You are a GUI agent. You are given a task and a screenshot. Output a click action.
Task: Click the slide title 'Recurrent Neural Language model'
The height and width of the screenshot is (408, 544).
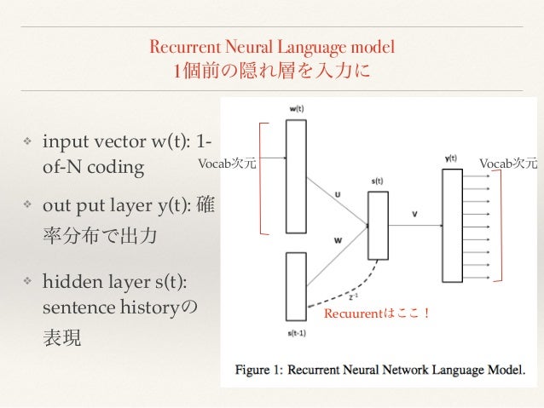[x=272, y=46]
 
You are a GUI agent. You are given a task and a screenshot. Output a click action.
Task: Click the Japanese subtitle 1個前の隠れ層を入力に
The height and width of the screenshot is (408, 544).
[x=272, y=69]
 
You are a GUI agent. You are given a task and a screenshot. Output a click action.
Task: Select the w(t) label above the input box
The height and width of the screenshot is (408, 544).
[x=295, y=109]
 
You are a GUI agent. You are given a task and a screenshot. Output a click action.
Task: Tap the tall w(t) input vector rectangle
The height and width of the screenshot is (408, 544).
[x=295, y=175]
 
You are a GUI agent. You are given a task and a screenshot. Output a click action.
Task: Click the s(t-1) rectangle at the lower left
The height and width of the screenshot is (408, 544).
[x=295, y=283]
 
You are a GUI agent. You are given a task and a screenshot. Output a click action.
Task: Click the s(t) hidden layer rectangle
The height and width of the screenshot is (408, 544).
[x=377, y=225]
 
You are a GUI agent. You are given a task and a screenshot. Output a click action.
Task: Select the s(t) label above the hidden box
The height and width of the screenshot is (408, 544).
[x=377, y=181]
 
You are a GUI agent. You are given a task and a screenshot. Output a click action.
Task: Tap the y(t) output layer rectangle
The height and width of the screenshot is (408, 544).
[x=451, y=225]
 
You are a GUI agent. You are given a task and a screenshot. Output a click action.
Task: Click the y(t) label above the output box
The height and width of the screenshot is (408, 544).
[x=451, y=158]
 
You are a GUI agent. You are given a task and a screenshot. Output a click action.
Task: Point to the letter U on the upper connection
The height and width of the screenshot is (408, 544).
[x=338, y=195]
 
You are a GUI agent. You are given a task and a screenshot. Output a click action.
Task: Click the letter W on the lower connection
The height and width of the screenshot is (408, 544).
[x=338, y=240]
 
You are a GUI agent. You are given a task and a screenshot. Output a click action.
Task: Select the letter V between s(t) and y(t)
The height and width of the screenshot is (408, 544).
[x=414, y=214]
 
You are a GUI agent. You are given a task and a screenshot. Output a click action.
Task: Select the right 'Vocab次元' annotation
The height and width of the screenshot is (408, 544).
[x=508, y=163]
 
